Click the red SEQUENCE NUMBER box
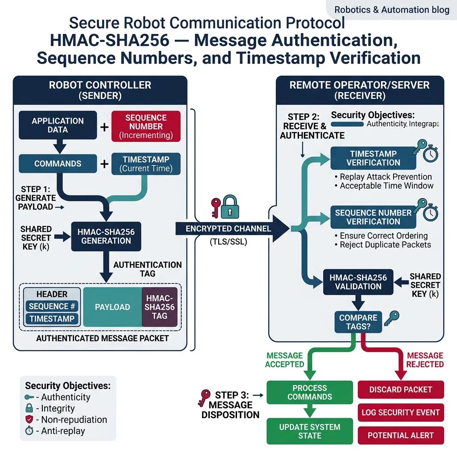tap(145, 126)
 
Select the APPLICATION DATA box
tap(58, 125)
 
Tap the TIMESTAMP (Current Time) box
tap(145, 164)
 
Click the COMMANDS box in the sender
tap(58, 164)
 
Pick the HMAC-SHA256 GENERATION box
tap(106, 236)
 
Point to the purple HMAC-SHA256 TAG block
tap(159, 307)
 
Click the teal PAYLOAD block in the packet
tap(112, 307)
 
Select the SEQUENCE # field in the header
tap(52, 306)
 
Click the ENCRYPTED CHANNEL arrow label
tap(228, 228)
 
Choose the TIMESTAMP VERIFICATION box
tap(373, 158)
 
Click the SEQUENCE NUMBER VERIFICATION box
tap(373, 217)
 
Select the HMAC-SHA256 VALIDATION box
tap(358, 282)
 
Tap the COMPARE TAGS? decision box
tap(358, 322)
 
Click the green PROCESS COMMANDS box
tap(309, 392)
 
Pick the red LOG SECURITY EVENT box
tap(400, 412)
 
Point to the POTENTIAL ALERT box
tap(400, 435)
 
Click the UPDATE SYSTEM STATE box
tap(309, 431)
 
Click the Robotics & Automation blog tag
tap(392, 9)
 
